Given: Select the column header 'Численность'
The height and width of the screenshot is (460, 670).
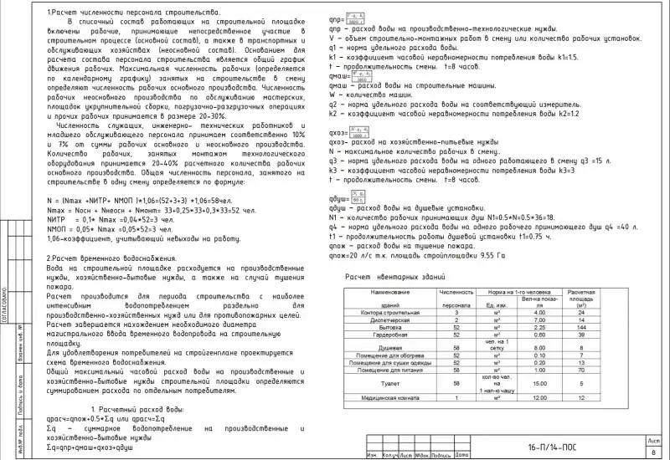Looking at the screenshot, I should pos(457,292).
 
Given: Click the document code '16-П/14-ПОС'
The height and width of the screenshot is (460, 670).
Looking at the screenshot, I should pos(552,447).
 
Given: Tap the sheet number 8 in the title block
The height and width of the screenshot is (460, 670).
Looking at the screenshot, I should pos(653,452).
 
